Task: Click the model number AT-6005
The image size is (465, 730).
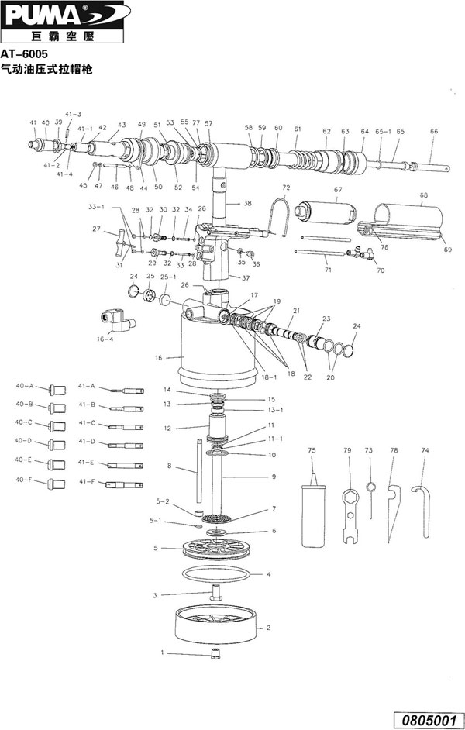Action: pos(25,56)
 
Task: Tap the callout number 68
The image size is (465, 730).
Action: pos(423,195)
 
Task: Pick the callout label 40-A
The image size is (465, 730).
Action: pos(24,385)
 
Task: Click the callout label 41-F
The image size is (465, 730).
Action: pos(86,482)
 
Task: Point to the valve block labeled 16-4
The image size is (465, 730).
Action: pos(112,319)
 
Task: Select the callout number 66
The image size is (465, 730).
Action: pos(433,131)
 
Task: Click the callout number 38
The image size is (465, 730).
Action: pos(248,203)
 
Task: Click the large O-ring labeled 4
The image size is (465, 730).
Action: pos(219,575)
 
